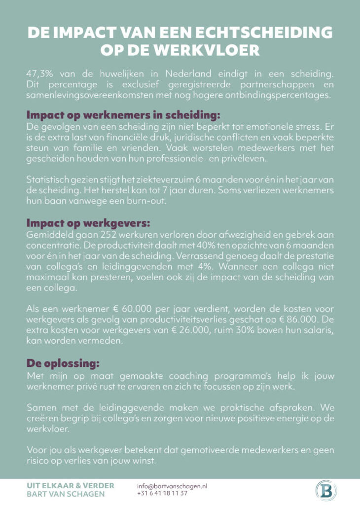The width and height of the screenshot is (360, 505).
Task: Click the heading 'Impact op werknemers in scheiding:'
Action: pyautogui.click(x=123, y=115)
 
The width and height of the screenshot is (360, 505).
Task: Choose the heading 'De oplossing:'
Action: pyautogui.click(x=62, y=363)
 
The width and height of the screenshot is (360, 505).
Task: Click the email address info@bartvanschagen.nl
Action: pyautogui.click(x=172, y=486)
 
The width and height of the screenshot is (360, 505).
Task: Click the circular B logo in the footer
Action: pyautogui.click(x=326, y=491)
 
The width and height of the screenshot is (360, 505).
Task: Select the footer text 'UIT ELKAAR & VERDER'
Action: pyautogui.click(x=70, y=486)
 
